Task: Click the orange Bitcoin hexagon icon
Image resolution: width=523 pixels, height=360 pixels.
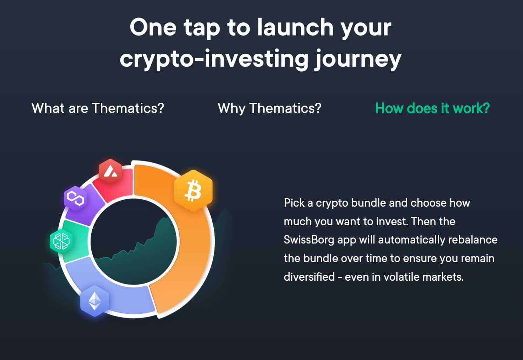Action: click(193, 191)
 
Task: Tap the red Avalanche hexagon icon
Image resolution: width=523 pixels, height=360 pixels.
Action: click(111, 171)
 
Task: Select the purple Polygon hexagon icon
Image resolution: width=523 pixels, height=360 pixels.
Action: click(75, 199)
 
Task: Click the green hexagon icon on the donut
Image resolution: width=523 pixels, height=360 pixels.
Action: click(61, 241)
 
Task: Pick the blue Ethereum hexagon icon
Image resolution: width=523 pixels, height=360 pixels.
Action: click(94, 301)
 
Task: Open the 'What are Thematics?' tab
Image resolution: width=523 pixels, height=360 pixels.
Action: click(98, 108)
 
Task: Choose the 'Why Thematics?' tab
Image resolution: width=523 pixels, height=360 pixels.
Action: click(270, 108)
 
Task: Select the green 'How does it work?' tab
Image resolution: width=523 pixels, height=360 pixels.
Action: click(432, 108)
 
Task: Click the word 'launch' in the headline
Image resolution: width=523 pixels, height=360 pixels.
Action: click(295, 27)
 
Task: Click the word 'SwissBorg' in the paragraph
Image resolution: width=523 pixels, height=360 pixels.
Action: click(309, 240)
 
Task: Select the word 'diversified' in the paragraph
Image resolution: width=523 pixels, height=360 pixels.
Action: click(309, 277)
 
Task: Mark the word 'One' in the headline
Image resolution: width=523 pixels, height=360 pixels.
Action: click(153, 27)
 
